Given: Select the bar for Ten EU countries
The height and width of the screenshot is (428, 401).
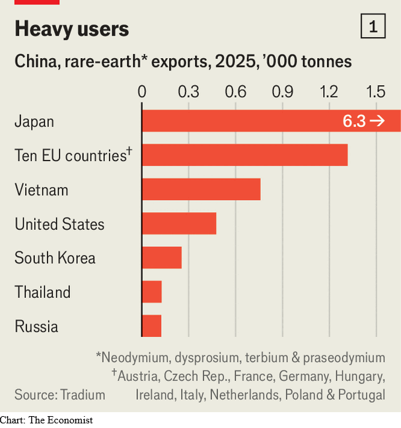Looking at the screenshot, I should [244, 155].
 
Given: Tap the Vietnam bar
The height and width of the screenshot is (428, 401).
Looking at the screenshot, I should [201, 189].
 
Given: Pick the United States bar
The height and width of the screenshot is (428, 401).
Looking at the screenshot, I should [179, 223].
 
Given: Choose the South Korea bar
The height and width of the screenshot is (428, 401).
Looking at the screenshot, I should [162, 258].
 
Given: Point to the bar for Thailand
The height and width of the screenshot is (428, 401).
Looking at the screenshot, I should [152, 291].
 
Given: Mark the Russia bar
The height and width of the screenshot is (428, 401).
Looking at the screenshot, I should [152, 326].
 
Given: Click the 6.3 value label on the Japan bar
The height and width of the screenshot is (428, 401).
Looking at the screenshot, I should [354, 122].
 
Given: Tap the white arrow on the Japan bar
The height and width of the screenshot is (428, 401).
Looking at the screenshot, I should [377, 121].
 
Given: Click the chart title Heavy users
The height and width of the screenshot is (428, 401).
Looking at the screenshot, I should [72, 29].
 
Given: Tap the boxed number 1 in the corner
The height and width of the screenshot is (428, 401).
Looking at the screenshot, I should [373, 27].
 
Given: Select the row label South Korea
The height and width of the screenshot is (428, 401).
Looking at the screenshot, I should [55, 258].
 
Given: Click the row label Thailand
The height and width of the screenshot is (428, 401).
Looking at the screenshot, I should [42, 292].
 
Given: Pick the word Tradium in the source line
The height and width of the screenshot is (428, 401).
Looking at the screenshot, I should [83, 395].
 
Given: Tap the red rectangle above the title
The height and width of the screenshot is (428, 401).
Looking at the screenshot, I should [37, 2].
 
